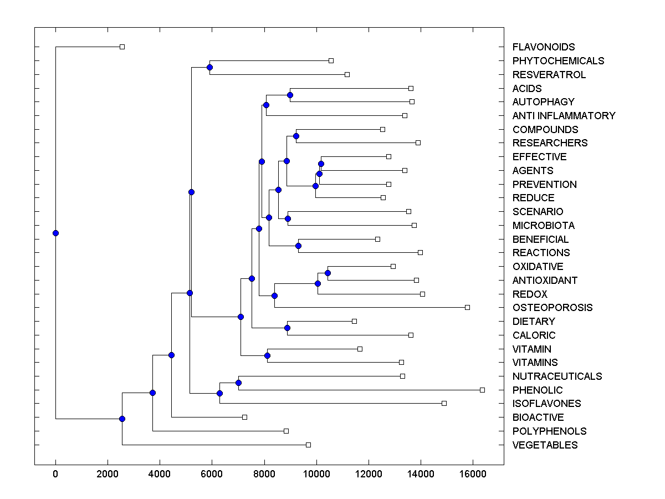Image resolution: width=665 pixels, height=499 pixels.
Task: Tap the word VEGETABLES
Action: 545,445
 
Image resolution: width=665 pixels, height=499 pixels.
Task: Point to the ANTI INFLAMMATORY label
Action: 564,116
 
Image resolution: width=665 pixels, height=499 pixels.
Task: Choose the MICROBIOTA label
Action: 544,226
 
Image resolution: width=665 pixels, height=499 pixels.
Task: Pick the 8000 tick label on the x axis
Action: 264,473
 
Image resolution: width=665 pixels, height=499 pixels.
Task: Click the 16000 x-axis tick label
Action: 473,473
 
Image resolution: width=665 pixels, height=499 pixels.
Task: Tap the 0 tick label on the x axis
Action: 55,473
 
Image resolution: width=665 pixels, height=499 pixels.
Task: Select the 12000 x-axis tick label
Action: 369,473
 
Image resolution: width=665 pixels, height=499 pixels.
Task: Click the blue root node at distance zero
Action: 55,233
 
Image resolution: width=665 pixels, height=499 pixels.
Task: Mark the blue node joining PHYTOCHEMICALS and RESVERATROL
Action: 209,67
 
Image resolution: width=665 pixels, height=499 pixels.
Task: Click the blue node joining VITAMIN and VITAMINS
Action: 267,355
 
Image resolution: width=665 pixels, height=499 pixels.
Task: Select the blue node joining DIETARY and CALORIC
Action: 287,328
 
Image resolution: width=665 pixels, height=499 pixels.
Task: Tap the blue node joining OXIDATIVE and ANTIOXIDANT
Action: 328,273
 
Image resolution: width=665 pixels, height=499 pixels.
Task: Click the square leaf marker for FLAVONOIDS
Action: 122,47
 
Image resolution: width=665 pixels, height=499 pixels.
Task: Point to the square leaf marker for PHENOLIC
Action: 482,390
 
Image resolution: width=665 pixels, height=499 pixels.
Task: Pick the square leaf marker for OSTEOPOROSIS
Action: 467,307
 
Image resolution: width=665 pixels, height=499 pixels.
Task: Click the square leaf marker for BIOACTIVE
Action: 244,417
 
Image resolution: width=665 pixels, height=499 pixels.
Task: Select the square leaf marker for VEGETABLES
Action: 309,445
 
